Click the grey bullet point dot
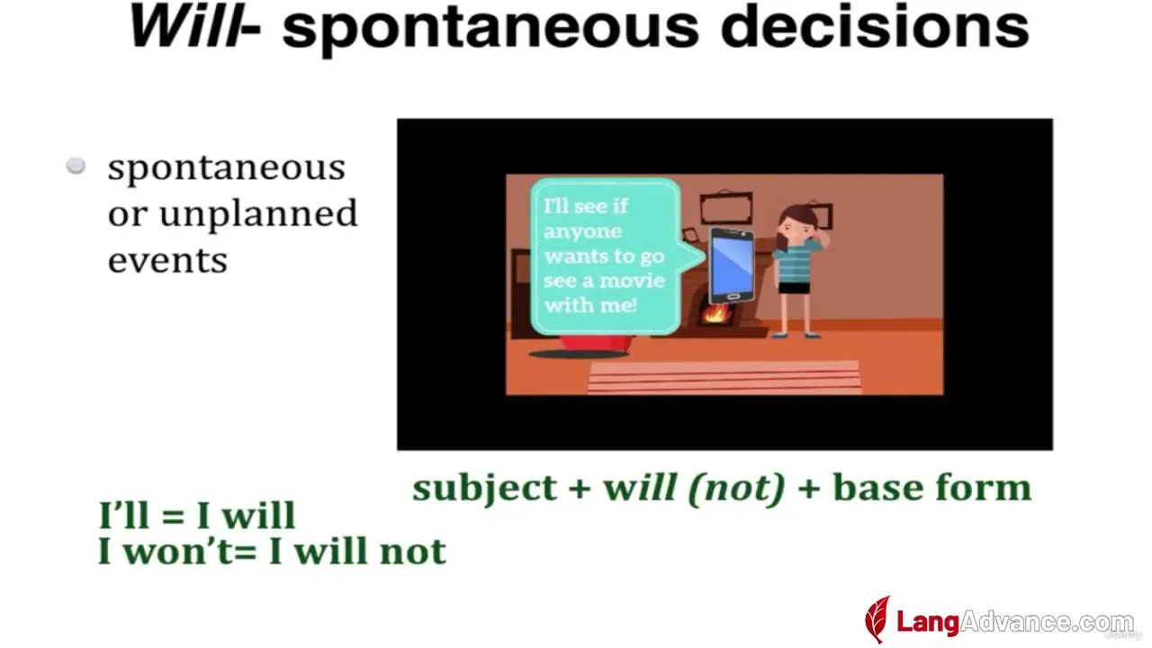click(x=76, y=166)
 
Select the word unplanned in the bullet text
click(x=258, y=213)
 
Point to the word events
click(x=167, y=260)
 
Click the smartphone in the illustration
click(x=731, y=265)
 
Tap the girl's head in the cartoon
click(x=797, y=222)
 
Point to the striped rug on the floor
click(x=724, y=378)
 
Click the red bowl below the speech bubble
click(x=597, y=344)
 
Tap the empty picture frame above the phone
click(x=726, y=207)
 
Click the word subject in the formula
click(x=484, y=489)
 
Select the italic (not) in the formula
click(x=736, y=488)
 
